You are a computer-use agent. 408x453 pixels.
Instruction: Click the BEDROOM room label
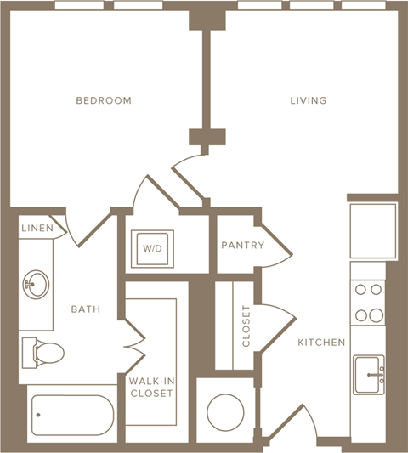[x=104, y=100]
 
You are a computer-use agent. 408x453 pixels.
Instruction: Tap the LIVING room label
[x=308, y=100]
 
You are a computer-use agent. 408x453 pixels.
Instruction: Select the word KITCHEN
[x=321, y=343]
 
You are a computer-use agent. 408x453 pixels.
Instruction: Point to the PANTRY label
[x=242, y=246]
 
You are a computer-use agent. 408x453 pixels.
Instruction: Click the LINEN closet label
[x=37, y=228]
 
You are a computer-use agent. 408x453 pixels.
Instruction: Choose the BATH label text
[x=86, y=309]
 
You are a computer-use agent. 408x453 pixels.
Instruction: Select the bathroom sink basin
[x=35, y=281]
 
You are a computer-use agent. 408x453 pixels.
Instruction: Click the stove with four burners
[x=369, y=303]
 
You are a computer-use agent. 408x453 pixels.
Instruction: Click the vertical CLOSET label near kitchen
[x=246, y=326]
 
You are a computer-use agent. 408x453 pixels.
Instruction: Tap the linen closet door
[x=67, y=229]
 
